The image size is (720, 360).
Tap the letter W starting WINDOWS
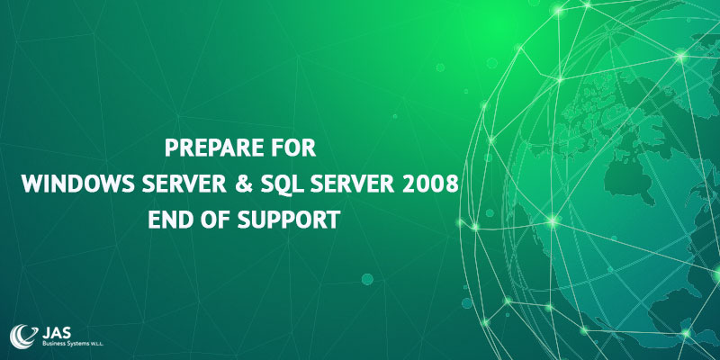(30, 184)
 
